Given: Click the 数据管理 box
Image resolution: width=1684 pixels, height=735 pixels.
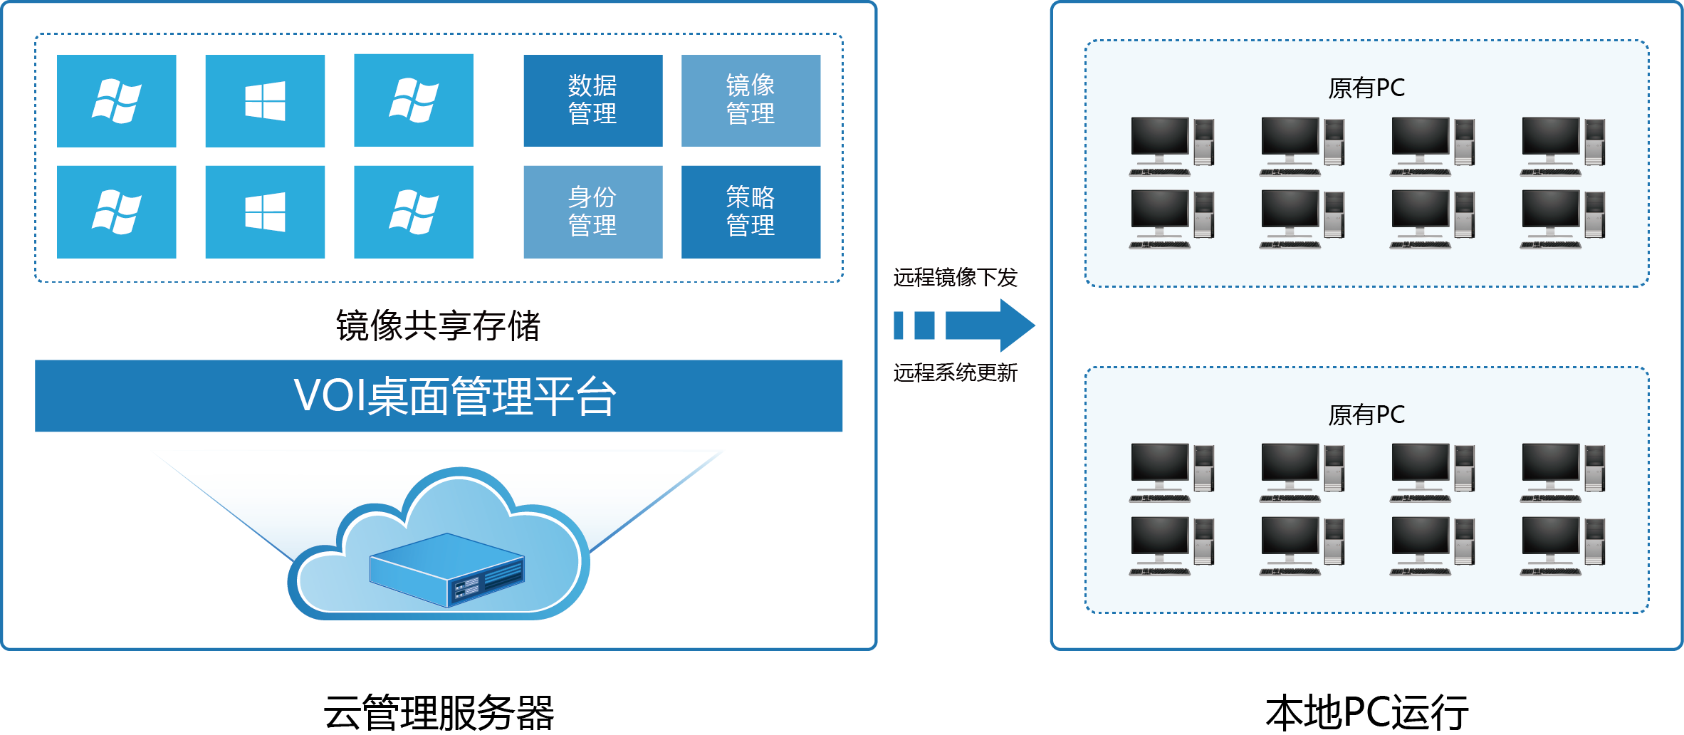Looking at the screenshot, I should [x=592, y=100].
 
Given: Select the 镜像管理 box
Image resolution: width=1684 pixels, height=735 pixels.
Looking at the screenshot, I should [x=751, y=100].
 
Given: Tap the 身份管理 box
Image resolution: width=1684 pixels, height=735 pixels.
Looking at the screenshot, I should [x=592, y=212].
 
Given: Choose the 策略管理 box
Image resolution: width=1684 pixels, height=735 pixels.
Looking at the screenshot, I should [x=751, y=212].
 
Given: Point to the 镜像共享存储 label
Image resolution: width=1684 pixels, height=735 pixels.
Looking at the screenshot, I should [x=438, y=326].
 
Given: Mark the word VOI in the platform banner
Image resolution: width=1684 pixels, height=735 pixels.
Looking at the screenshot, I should [x=328, y=395].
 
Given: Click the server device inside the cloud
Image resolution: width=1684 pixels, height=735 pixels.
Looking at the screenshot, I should [x=447, y=570].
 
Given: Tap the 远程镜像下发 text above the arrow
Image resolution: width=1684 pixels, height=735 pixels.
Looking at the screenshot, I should [x=955, y=277].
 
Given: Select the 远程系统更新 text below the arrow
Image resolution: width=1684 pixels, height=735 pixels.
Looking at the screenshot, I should [x=955, y=372].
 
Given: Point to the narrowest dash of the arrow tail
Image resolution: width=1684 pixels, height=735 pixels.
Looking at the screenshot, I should [x=899, y=325].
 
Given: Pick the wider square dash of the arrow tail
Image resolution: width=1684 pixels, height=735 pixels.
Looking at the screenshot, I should [x=924, y=325].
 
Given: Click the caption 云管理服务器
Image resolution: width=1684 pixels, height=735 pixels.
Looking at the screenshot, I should [x=439, y=712].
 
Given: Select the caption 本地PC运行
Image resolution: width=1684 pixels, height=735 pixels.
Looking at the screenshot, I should [x=1366, y=712].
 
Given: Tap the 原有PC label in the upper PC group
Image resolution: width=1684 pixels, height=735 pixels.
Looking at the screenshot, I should [x=1366, y=88].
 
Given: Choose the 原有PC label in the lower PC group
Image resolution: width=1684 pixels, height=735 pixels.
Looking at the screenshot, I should [x=1366, y=415].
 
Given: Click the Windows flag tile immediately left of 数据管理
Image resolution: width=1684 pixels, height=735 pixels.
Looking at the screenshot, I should [x=414, y=100].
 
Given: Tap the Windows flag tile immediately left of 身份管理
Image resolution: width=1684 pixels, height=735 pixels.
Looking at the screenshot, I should [x=414, y=212].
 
